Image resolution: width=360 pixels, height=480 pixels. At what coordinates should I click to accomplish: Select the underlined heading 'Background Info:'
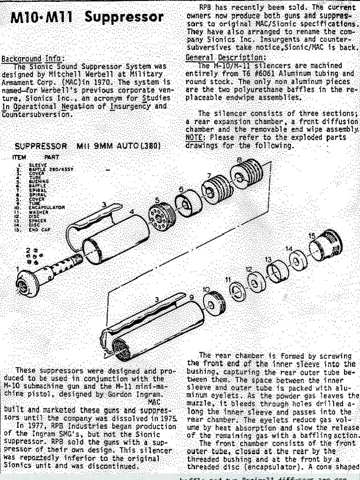31,59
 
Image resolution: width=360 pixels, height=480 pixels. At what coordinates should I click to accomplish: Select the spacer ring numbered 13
273,272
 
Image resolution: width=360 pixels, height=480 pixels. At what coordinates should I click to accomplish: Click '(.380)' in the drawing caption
149,146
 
